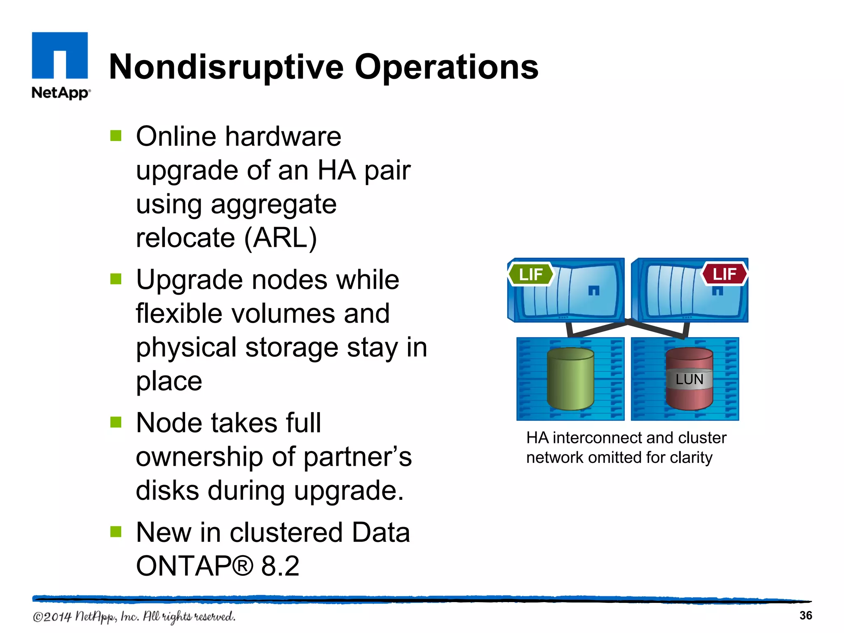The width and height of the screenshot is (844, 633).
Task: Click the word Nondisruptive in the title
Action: point(226,67)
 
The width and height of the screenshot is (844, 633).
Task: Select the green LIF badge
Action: point(530,274)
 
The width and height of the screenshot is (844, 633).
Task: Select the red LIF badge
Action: point(724,274)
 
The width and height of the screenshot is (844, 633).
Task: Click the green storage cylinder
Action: point(570,379)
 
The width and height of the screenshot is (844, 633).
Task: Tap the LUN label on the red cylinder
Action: point(689,379)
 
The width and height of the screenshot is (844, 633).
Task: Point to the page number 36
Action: point(805,615)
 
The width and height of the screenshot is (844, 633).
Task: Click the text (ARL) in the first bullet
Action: point(280,238)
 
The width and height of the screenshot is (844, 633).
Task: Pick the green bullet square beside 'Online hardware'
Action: point(116,136)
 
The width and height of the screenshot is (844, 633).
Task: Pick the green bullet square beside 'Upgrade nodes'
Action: point(116,279)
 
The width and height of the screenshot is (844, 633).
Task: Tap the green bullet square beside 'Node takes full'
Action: point(116,422)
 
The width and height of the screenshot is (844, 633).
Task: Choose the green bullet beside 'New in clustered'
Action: point(116,532)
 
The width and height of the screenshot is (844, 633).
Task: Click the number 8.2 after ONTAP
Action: point(280,566)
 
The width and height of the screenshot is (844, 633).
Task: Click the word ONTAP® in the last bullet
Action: point(194,566)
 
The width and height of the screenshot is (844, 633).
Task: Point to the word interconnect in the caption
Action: point(612,438)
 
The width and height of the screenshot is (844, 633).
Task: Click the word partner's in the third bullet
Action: point(357,457)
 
